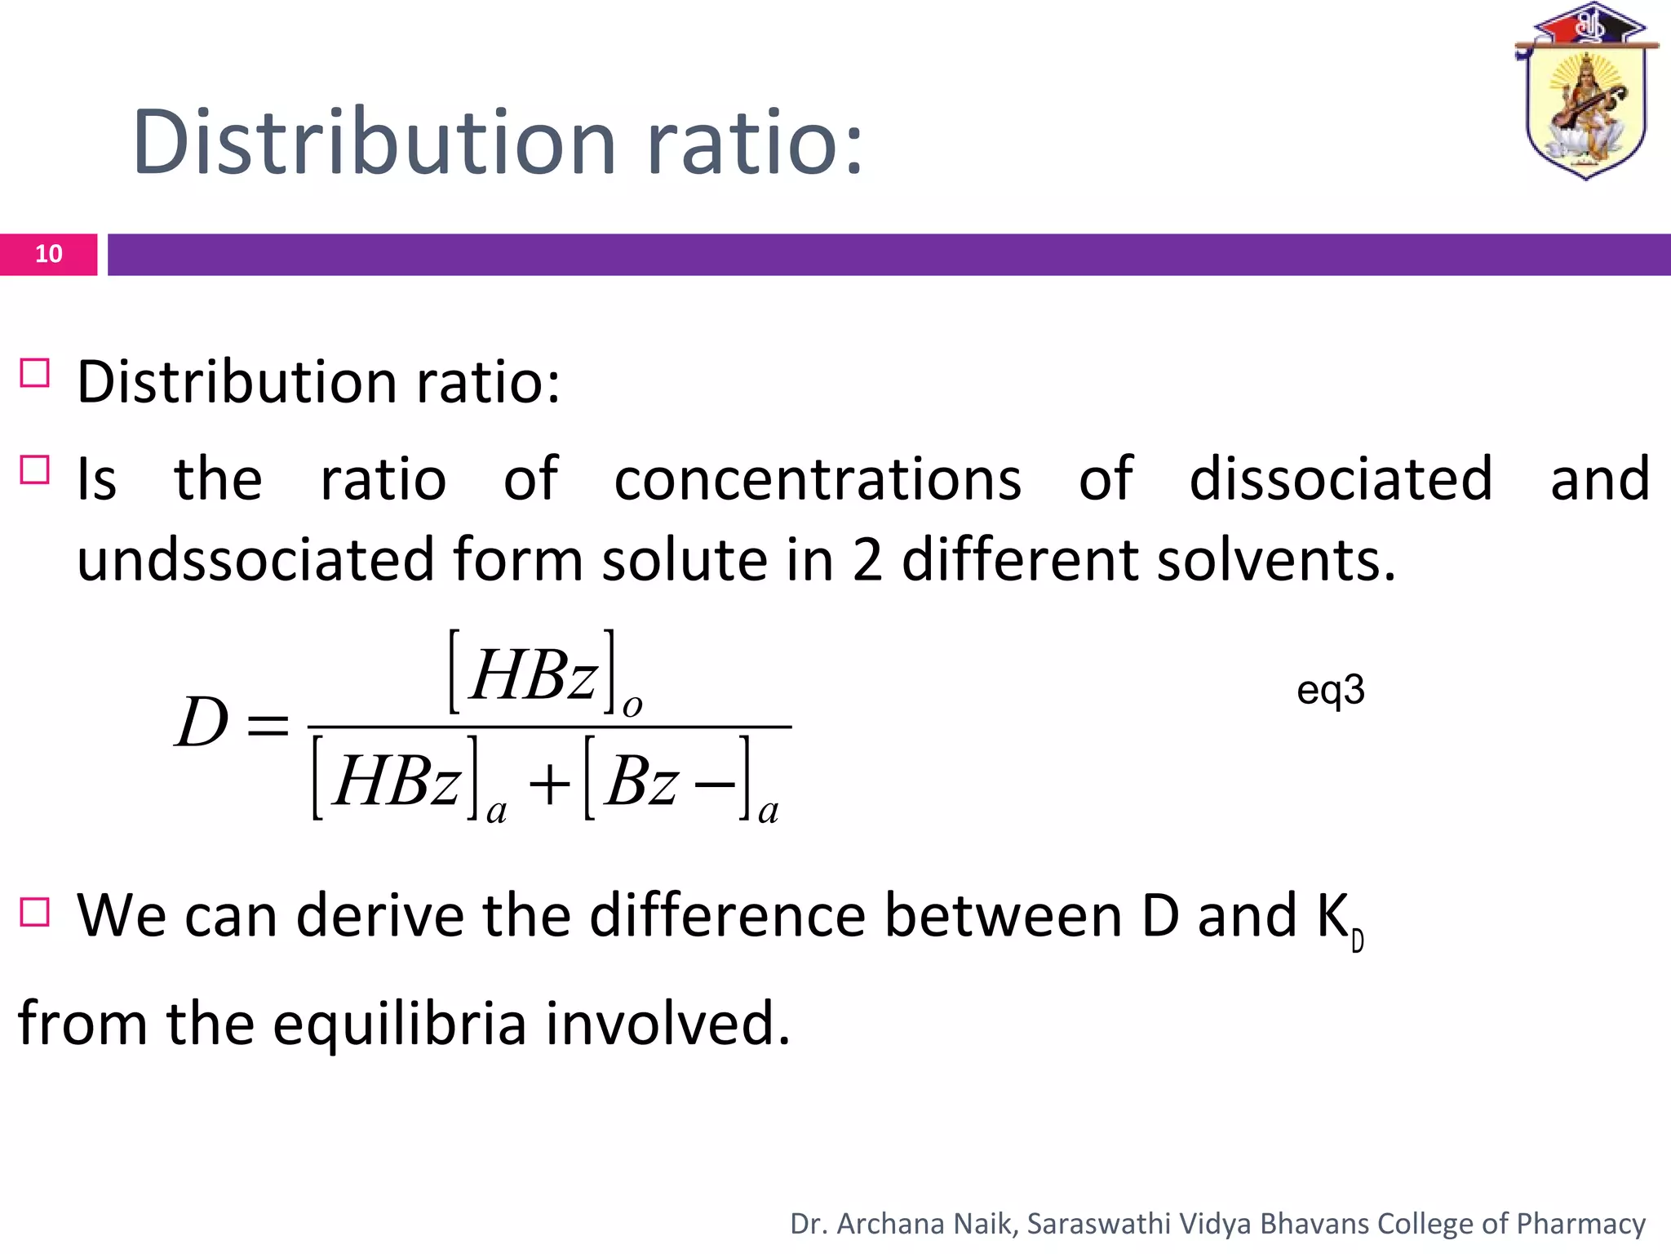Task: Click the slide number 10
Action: (49, 254)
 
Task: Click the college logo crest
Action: (1585, 94)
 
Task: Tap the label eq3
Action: (1330, 691)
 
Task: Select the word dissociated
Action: (1341, 479)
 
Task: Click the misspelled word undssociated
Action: (255, 560)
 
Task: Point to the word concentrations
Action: (818, 479)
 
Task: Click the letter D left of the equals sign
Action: (202, 723)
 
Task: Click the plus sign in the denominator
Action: (549, 786)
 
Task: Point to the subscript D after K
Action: (1358, 942)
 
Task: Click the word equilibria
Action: (400, 1024)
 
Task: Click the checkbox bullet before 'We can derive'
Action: (35, 912)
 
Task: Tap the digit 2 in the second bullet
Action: (867, 560)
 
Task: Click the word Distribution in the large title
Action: (374, 143)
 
